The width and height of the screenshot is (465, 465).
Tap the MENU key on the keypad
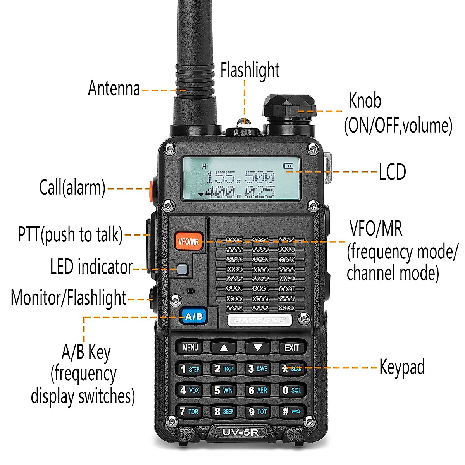(x=190, y=348)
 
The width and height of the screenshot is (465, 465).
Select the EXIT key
(x=292, y=348)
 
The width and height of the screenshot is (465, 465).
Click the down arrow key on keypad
(x=258, y=348)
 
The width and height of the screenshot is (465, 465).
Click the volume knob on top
(x=289, y=107)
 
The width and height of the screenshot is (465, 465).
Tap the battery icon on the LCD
(x=288, y=166)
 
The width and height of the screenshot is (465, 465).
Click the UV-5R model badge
(x=240, y=432)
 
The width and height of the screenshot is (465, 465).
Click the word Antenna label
(x=114, y=88)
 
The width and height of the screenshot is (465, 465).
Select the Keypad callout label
(x=402, y=367)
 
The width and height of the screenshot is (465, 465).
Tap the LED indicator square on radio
(x=182, y=269)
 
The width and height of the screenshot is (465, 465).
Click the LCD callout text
(x=392, y=172)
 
